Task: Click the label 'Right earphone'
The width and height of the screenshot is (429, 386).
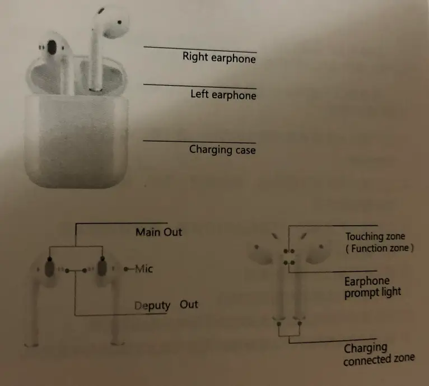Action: [x=219, y=57]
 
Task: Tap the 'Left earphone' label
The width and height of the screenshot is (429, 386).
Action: [x=223, y=95]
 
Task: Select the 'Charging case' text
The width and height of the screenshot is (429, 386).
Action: [x=222, y=150]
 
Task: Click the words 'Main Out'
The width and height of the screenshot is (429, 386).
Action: [x=158, y=232]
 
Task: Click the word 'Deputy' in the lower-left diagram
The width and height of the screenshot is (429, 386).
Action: [x=152, y=305]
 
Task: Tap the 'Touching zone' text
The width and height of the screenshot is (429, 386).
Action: [x=375, y=236]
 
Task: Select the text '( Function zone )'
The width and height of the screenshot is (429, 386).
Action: [x=379, y=248]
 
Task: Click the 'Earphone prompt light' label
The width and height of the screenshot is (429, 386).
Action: [x=372, y=286]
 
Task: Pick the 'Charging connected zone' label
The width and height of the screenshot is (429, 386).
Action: [x=379, y=355]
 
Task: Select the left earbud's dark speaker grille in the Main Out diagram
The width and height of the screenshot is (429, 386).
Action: [x=50, y=268]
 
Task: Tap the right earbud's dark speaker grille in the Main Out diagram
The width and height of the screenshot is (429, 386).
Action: [x=102, y=267]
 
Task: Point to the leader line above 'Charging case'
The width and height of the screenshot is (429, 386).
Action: [x=199, y=141]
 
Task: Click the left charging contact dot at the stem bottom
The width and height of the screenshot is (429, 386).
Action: [x=279, y=324]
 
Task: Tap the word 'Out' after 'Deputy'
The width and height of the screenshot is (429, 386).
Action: [x=189, y=304]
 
